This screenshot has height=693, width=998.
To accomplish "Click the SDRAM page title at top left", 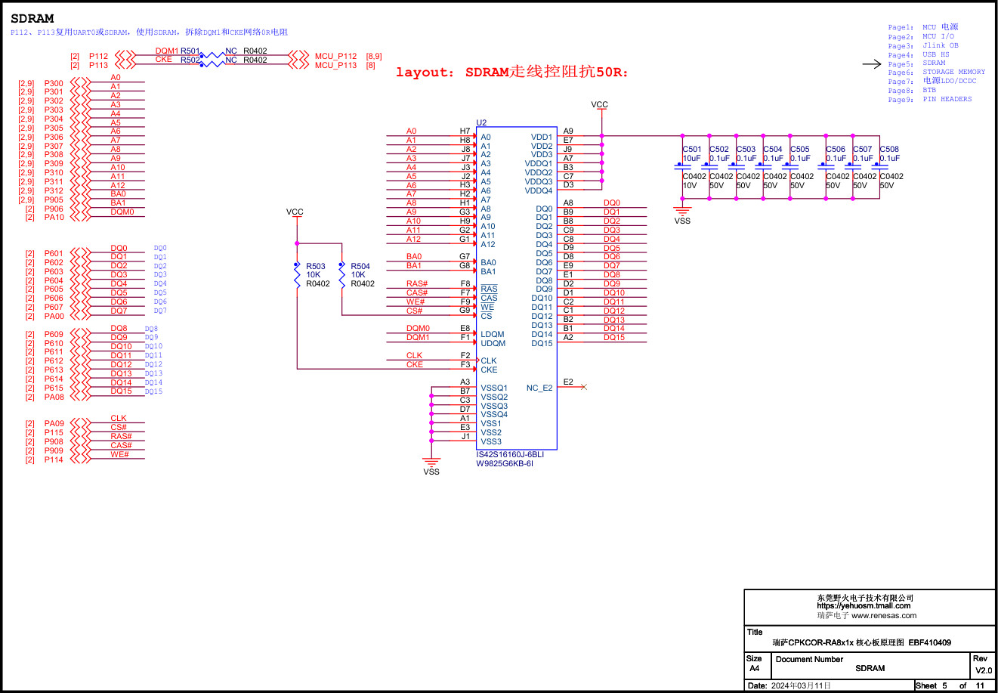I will pyautogui.click(x=32, y=18).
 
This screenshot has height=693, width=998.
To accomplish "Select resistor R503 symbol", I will pyautogui.click(x=297, y=275).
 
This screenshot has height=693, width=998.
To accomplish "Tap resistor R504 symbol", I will pyautogui.click(x=341, y=275).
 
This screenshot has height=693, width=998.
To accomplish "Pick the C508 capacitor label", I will pyautogui.click(x=889, y=150).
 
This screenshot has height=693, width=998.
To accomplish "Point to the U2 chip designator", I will pyautogui.click(x=481, y=122).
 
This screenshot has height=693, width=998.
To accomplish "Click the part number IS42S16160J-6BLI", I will pyautogui.click(x=510, y=454).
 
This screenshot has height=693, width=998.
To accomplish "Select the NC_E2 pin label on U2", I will pyautogui.click(x=539, y=388).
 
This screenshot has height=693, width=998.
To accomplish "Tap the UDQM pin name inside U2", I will pyautogui.click(x=493, y=343).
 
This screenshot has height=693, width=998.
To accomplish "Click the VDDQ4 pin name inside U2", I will pyautogui.click(x=539, y=190).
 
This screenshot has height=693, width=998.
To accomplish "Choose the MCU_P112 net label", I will pyautogui.click(x=335, y=56).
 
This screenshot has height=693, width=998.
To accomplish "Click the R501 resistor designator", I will pyautogui.click(x=190, y=51).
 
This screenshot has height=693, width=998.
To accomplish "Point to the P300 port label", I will pyautogui.click(x=54, y=83).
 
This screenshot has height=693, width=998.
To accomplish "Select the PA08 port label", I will pyautogui.click(x=54, y=397).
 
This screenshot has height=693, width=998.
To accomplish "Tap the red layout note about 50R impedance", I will pyautogui.click(x=511, y=73).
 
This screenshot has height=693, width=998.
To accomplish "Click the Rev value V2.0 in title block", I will pyautogui.click(x=983, y=670).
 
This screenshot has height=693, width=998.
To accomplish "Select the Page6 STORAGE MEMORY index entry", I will pyautogui.click(x=936, y=73).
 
